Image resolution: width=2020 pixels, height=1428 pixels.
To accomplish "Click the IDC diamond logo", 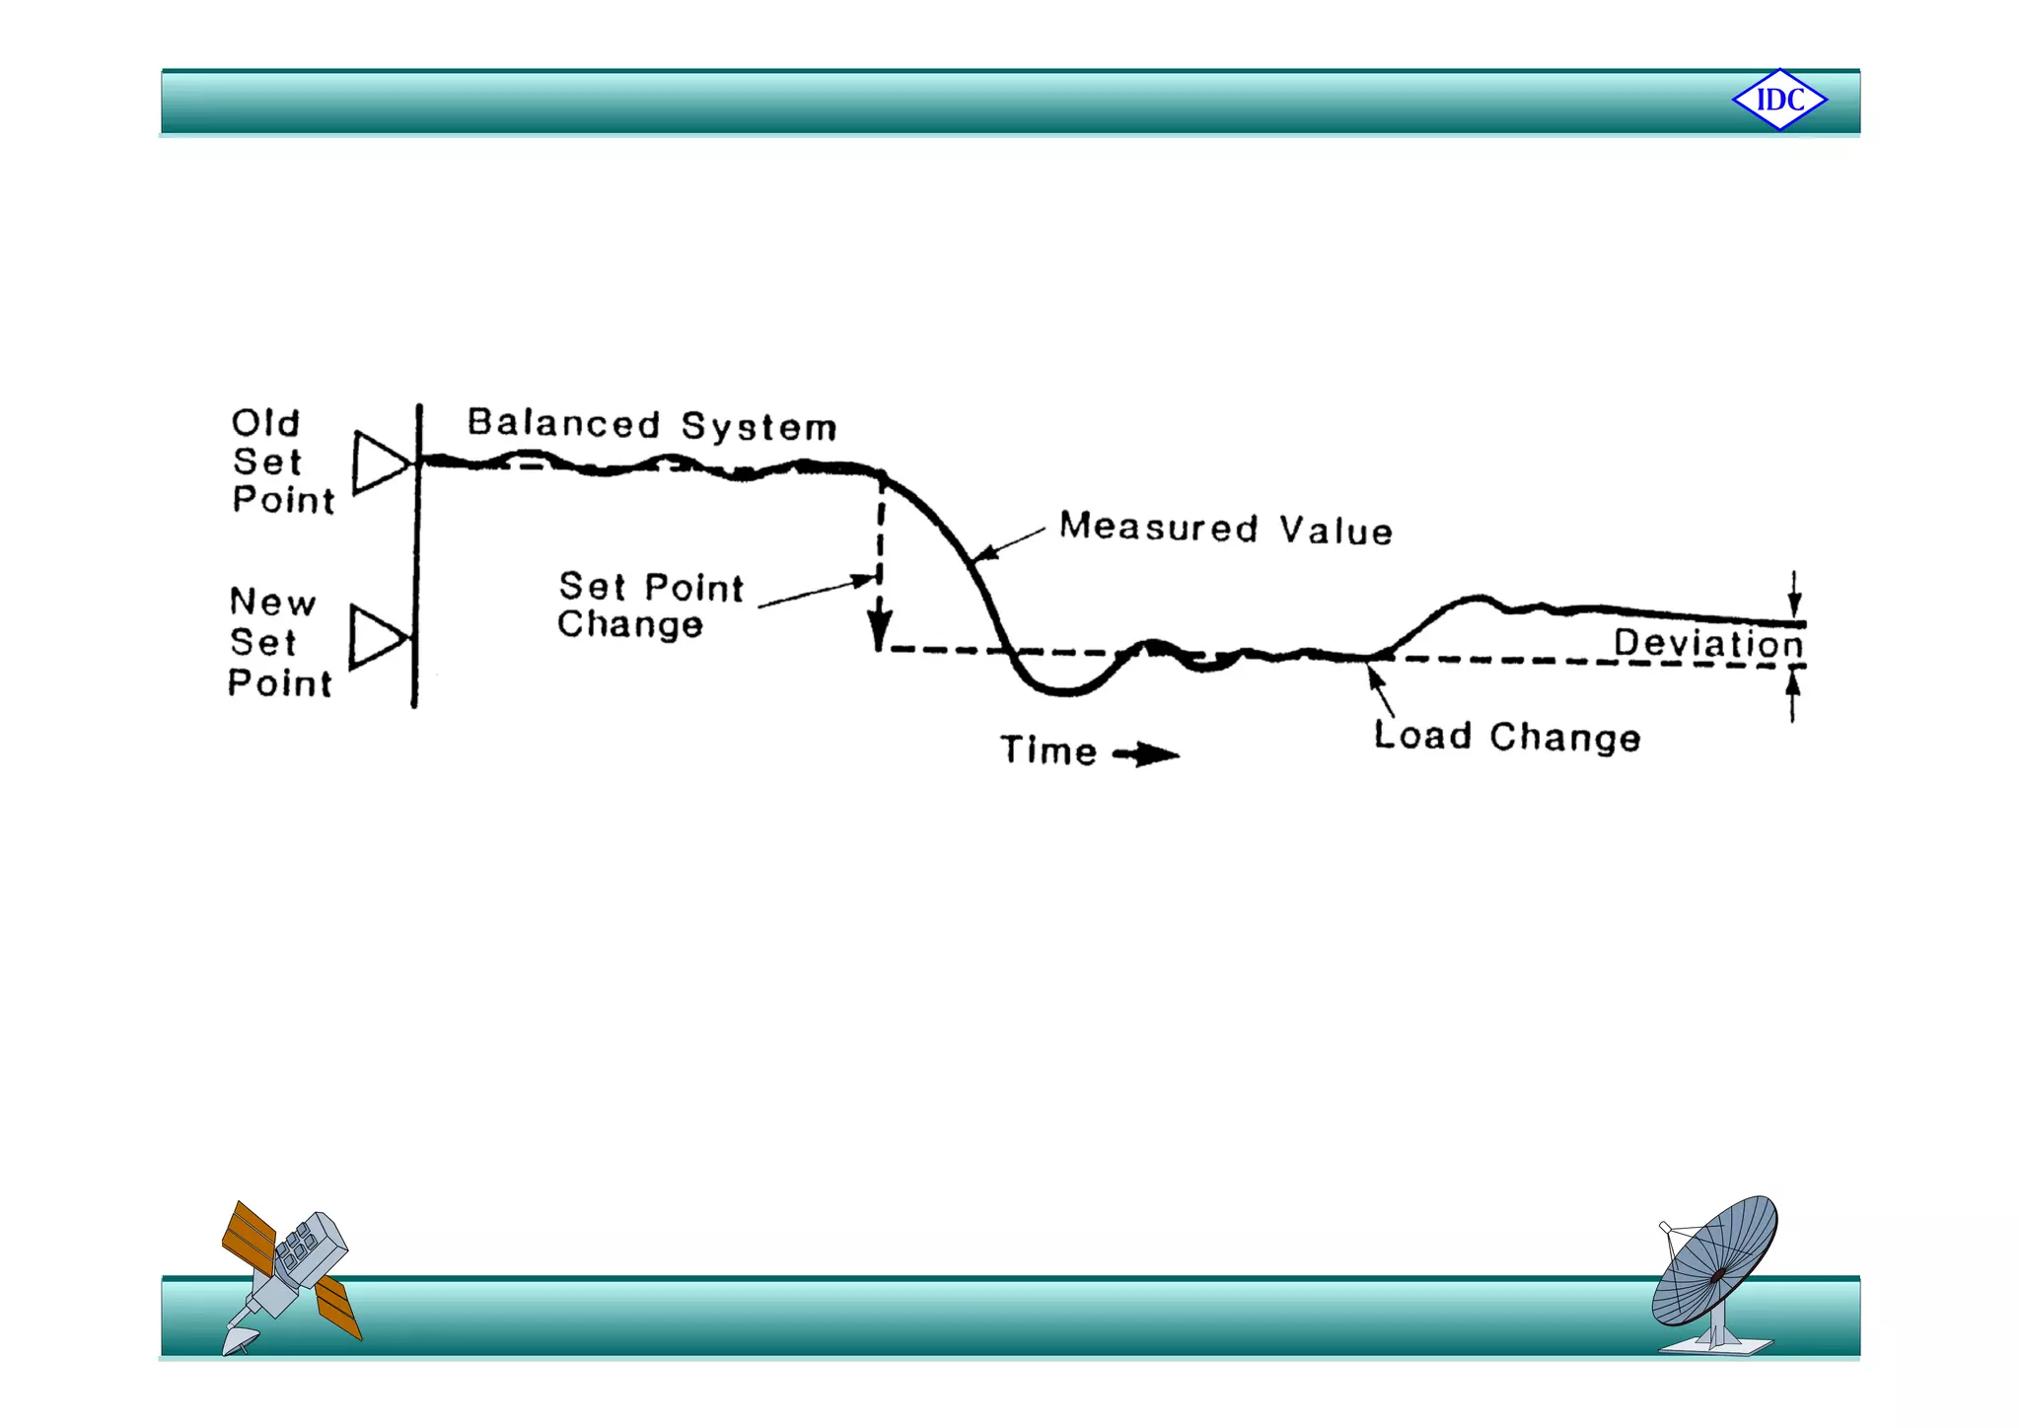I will pyautogui.click(x=1779, y=100).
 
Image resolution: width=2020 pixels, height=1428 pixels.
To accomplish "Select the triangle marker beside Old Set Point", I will pyautogui.click(x=380, y=462).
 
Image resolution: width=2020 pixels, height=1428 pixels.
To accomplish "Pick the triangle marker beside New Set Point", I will pyautogui.click(x=377, y=637).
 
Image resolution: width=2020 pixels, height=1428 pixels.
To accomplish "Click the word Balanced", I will pyautogui.click(x=563, y=423).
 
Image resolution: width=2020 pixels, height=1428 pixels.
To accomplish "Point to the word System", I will pyautogui.click(x=758, y=427).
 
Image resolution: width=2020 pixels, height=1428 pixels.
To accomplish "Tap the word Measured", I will pyautogui.click(x=1159, y=527).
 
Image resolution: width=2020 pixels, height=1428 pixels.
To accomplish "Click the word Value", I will pyautogui.click(x=1336, y=531).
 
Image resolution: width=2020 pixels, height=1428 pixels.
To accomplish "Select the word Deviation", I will pyautogui.click(x=1708, y=643).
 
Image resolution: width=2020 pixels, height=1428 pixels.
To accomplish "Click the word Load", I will pyautogui.click(x=1422, y=735).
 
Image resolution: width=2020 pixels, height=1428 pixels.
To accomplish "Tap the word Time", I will pyautogui.click(x=1048, y=750).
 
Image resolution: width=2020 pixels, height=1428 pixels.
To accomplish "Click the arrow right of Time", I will pyautogui.click(x=1146, y=755).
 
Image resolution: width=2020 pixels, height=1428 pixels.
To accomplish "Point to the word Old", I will pyautogui.click(x=265, y=423).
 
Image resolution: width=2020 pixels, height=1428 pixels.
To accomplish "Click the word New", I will pyautogui.click(x=272, y=602).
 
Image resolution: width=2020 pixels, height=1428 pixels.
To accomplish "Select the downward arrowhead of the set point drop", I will pyautogui.click(x=879, y=629).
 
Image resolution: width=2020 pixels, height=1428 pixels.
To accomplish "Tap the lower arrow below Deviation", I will pyautogui.click(x=1793, y=694).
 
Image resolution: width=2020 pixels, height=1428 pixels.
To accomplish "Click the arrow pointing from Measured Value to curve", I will pyautogui.click(x=1008, y=545).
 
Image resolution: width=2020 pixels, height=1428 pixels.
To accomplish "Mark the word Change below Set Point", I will pyautogui.click(x=630, y=624).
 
